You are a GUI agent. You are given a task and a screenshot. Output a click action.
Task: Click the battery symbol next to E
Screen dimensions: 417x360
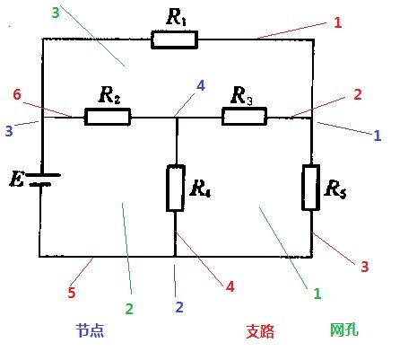tap(44, 180)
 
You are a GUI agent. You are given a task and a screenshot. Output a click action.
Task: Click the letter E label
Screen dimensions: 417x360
tap(16, 179)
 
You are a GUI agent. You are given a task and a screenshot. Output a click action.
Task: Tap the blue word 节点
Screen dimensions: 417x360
tap(90, 330)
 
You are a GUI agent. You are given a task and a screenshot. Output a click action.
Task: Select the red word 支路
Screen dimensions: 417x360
tap(260, 331)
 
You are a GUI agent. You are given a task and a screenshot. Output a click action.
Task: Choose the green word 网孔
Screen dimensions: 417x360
tap(344, 329)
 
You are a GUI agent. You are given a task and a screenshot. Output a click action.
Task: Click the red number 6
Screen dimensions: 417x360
tap(17, 94)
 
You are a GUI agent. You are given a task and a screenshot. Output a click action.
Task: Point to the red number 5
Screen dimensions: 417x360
tap(72, 293)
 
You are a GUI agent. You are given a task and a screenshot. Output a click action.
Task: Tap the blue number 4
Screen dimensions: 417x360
tap(201, 86)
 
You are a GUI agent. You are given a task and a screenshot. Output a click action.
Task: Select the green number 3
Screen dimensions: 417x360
tap(56, 13)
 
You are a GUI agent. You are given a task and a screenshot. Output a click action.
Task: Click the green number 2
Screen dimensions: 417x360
tap(129, 309)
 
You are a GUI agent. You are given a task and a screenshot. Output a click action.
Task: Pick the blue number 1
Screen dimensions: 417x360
tap(378, 136)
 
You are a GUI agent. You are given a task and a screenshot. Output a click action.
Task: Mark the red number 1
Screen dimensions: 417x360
tap(338, 22)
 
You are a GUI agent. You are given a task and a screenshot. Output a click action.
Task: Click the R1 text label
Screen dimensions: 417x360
tap(177, 17)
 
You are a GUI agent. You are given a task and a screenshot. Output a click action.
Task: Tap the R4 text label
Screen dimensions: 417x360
tap(200, 189)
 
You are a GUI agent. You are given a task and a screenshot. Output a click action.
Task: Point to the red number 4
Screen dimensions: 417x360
tap(230, 286)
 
